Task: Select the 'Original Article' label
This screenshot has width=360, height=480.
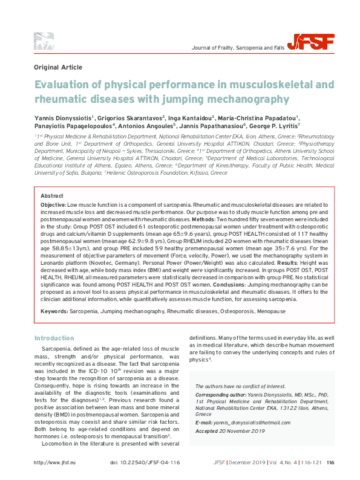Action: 58,68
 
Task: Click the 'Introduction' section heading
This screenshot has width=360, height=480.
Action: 54,338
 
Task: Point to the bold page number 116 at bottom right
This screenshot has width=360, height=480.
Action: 330,463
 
